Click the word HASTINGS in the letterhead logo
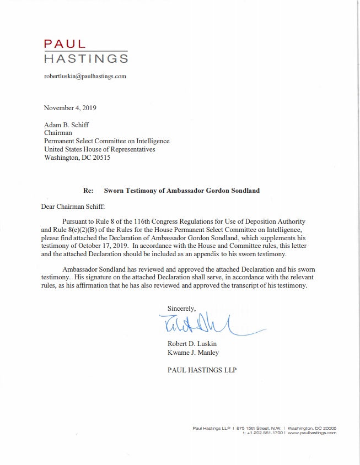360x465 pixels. tap(86, 58)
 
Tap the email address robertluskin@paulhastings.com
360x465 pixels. tap(85, 76)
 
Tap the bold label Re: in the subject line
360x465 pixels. tap(88, 191)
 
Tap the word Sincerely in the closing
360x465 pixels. tap(181, 308)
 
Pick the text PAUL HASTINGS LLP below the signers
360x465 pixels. tap(202, 370)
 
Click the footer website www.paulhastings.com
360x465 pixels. tap(311, 432)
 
